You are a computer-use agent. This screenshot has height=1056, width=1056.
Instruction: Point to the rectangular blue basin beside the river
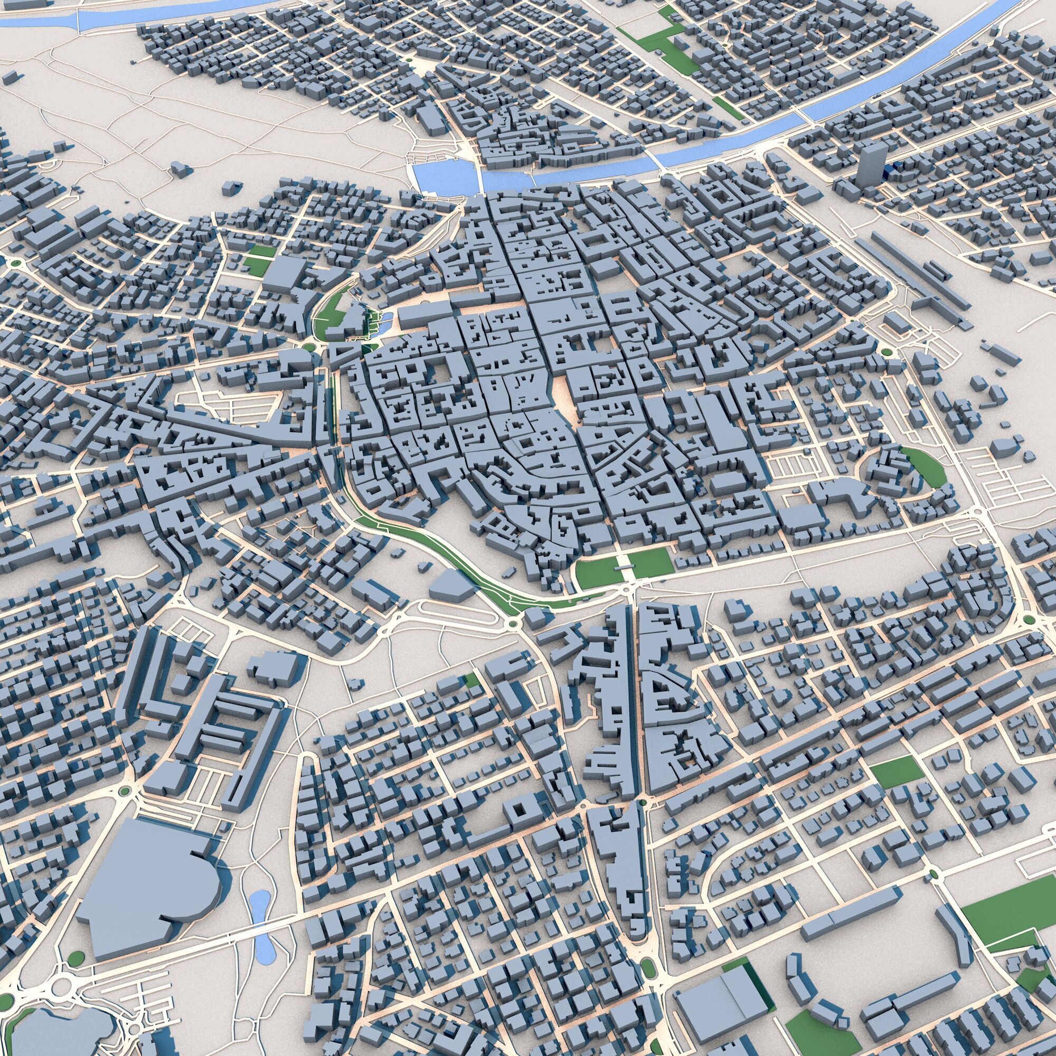441,174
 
